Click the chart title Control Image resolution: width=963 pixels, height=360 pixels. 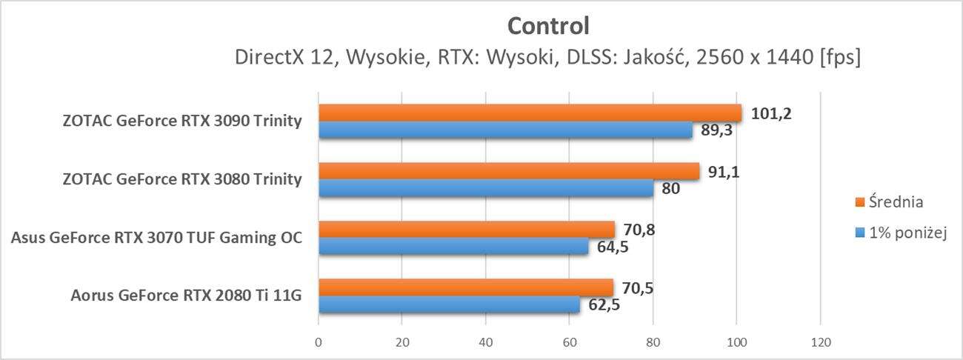[548, 27]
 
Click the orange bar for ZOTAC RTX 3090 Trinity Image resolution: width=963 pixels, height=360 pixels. [530, 113]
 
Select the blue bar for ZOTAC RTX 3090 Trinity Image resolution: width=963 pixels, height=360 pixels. [505, 130]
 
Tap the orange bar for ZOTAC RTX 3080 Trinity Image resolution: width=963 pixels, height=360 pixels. [509, 171]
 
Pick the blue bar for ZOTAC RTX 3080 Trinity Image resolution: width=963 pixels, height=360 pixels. [486, 188]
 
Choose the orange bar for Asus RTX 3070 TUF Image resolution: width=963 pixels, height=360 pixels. [467, 229]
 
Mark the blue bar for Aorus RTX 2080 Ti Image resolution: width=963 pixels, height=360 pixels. [449, 304]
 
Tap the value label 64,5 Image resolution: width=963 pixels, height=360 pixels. [614, 247]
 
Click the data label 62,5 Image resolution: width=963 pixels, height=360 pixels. [605, 304]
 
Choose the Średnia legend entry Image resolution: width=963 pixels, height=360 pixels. [896, 201]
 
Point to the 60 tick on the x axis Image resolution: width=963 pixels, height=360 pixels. [569, 343]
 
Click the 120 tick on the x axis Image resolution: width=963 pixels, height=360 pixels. [820, 343]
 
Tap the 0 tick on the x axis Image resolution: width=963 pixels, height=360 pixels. [319, 343]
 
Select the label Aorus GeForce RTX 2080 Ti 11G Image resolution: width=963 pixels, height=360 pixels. [186, 296]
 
